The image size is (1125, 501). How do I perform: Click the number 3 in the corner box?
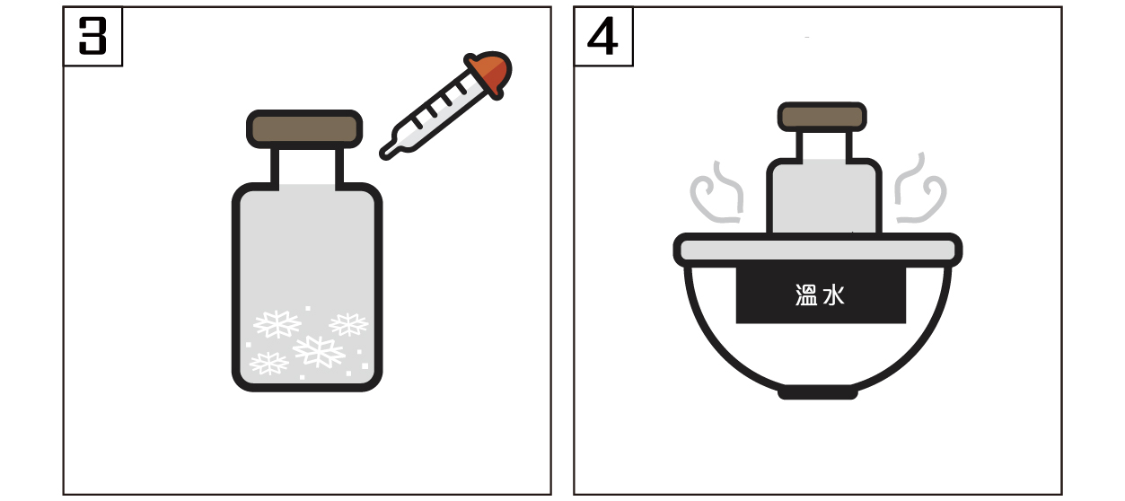(x=92, y=36)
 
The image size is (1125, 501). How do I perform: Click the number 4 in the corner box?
(x=602, y=36)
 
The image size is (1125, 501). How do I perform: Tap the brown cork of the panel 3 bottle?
(x=304, y=129)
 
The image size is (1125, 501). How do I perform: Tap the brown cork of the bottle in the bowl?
(x=822, y=117)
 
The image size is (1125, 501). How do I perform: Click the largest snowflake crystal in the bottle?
(x=319, y=351)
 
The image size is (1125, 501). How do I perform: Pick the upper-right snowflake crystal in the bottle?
(x=348, y=324)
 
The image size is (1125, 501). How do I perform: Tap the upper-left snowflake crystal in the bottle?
(x=277, y=324)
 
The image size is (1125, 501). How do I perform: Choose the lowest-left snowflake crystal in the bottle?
(x=269, y=364)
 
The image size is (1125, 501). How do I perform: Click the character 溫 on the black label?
(x=806, y=294)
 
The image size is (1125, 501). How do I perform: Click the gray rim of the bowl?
(x=818, y=250)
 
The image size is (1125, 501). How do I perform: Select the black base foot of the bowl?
(x=818, y=393)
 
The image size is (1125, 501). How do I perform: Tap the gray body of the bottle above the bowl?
(x=824, y=197)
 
